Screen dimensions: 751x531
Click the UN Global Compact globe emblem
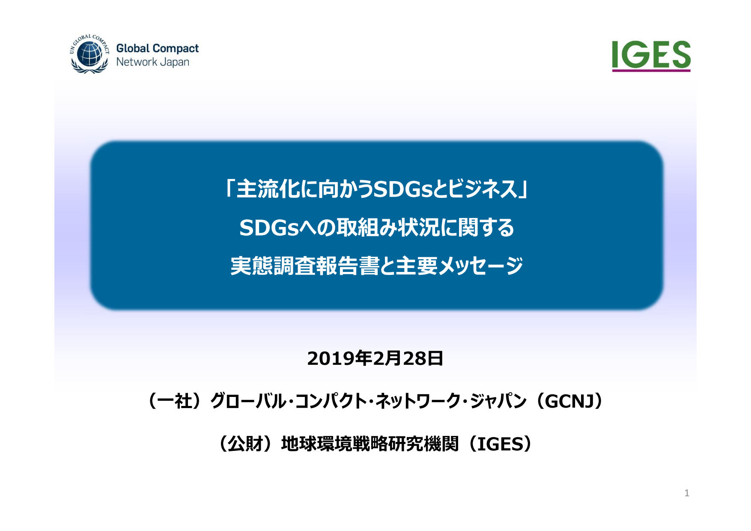(89, 54)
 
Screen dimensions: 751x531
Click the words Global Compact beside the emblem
(158, 48)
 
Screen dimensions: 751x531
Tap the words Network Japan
(152, 62)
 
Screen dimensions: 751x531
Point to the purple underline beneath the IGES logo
(651, 70)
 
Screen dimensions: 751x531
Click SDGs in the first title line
(403, 189)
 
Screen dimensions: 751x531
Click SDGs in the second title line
(268, 228)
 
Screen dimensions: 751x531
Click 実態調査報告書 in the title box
(305, 266)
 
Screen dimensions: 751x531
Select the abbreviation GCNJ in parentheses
(569, 401)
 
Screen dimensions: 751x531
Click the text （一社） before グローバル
(175, 401)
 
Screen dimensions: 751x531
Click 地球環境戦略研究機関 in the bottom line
(370, 444)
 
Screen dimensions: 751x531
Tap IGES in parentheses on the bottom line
(500, 444)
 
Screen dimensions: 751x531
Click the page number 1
(687, 493)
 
